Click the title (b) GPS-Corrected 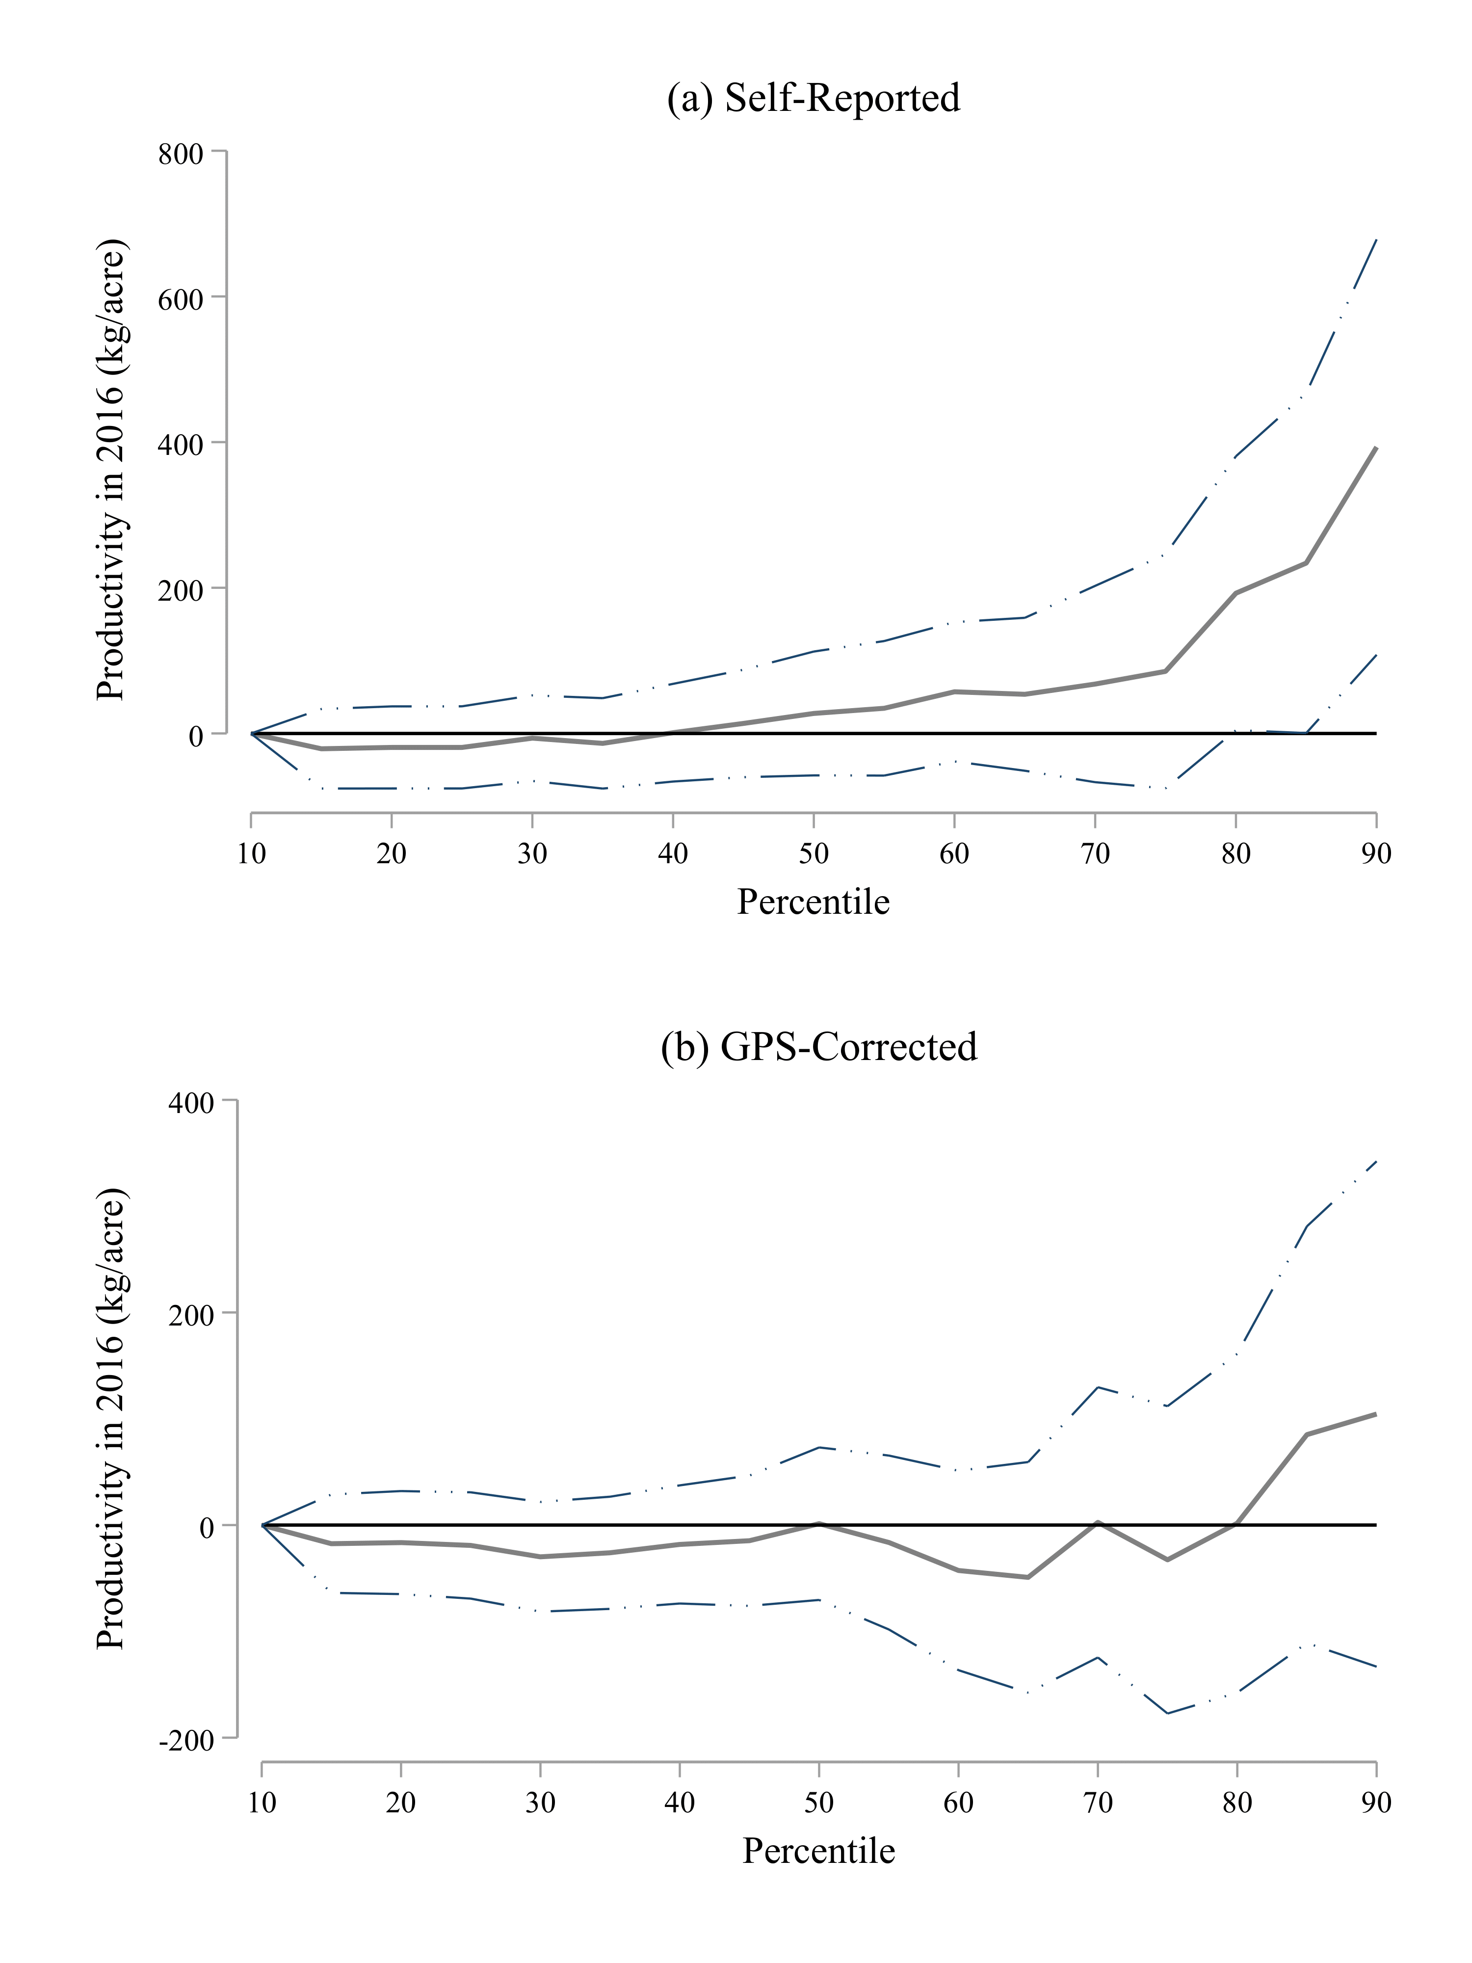818,1047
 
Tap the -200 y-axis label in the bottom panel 186,1740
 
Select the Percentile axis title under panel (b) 818,1851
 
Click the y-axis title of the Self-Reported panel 113,470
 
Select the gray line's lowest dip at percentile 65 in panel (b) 1027,1577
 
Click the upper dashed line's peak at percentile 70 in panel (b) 1099,1387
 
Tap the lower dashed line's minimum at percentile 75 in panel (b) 1168,1713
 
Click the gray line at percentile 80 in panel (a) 1235,593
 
